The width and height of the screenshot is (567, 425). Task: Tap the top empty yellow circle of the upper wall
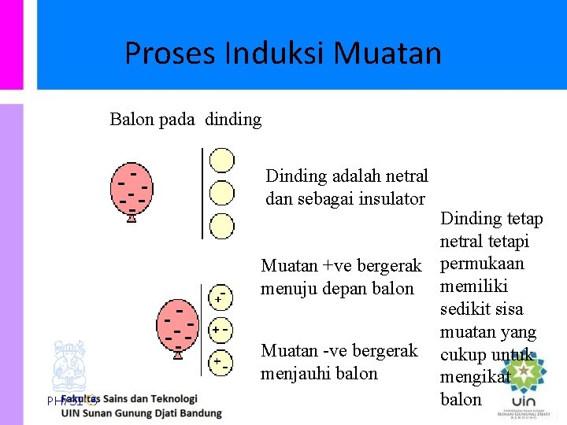point(222,160)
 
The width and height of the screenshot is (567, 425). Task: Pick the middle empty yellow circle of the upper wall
point(222,192)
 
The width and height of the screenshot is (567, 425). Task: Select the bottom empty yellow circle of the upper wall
point(222,224)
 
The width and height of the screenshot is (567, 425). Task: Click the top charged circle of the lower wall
point(221,296)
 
